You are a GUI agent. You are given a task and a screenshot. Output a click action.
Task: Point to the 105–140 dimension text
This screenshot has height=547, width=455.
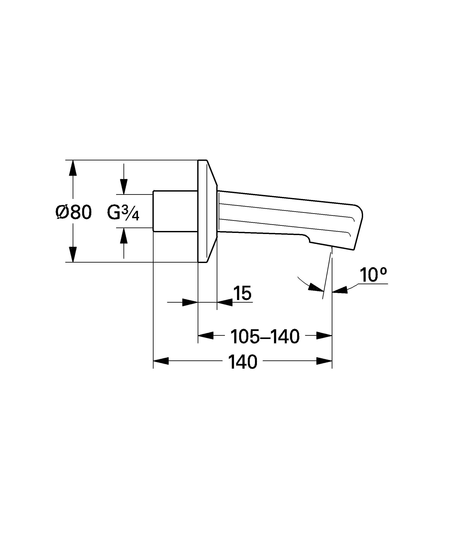coord(265,336)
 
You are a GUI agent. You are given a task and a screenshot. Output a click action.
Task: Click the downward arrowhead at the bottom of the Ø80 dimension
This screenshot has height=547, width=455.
coord(73,254)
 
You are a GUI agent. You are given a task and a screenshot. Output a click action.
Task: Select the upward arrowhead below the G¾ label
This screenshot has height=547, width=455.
coord(124,236)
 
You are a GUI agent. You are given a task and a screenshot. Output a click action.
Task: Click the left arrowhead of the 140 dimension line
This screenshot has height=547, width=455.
coord(161,361)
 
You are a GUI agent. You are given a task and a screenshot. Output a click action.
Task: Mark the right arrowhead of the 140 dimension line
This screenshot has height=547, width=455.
coord(324,361)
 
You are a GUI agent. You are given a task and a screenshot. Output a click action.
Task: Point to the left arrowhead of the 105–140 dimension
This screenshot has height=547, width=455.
coord(206,336)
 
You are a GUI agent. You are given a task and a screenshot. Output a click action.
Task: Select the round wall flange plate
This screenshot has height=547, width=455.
coord(202,211)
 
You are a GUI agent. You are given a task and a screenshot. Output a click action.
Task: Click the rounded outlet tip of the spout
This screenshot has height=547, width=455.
coord(358,224)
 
